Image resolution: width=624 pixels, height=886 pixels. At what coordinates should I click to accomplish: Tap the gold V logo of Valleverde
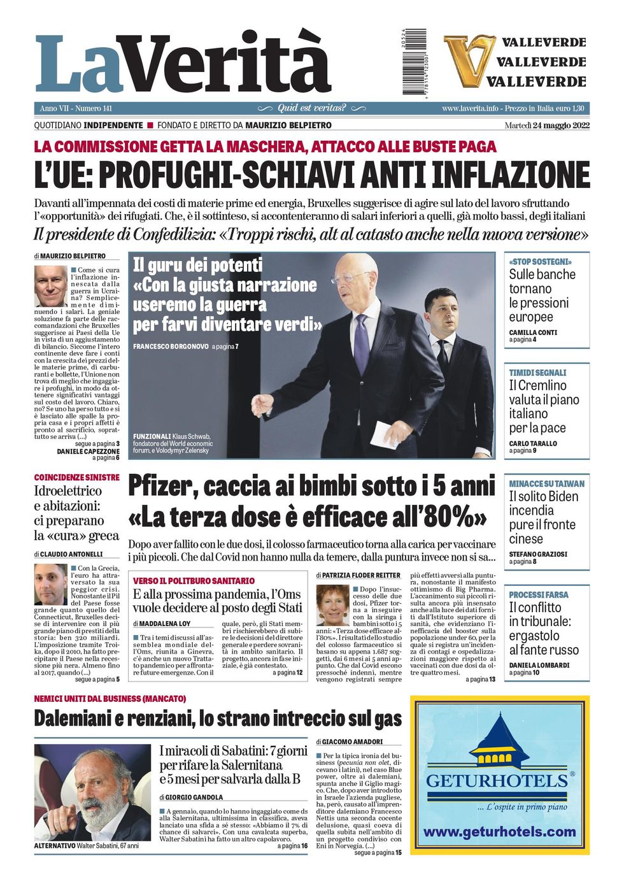(469, 61)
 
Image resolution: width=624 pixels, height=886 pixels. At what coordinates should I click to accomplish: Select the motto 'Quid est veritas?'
(311, 108)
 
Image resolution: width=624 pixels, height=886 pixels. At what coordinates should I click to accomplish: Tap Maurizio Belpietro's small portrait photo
(50, 286)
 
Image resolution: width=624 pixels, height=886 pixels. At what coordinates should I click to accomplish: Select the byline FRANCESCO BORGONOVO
(171, 347)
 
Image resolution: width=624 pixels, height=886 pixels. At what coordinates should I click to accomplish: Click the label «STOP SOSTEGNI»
(540, 262)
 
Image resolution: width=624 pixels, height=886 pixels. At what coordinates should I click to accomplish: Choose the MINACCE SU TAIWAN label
(546, 483)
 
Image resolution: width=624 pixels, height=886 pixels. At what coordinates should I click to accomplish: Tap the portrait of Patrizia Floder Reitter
(332, 604)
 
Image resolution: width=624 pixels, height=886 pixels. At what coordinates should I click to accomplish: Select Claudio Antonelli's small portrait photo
(50, 584)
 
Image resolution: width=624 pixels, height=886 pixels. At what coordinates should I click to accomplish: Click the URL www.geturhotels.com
(499, 832)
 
